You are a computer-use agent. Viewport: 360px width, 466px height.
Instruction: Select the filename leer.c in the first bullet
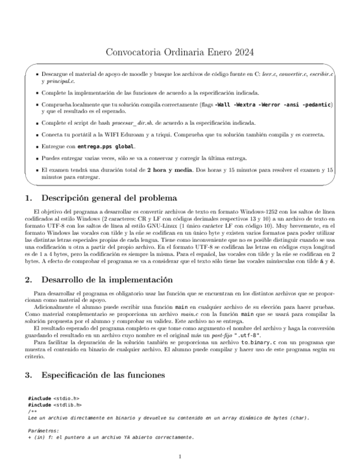270,73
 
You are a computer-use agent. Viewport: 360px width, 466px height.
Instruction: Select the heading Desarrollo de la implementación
107,280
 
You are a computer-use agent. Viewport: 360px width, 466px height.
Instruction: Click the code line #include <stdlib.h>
54,404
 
